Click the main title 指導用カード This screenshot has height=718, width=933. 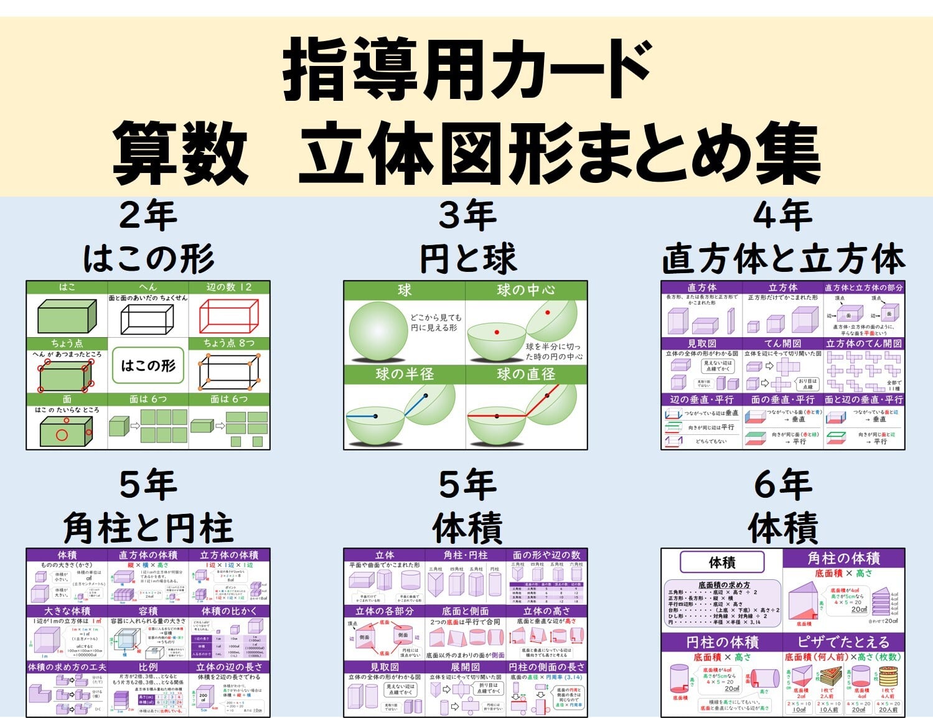(467, 70)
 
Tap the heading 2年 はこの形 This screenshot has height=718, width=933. (148, 238)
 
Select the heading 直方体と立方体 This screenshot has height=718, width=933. (782, 259)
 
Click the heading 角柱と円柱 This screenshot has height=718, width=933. (148, 528)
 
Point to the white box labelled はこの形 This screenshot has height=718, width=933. (148, 365)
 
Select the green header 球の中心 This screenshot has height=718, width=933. (526, 290)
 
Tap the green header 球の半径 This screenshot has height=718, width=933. (405, 374)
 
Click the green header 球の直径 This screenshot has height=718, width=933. (526, 374)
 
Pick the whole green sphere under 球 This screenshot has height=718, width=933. (378, 330)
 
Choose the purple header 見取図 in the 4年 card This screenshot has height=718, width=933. (701, 343)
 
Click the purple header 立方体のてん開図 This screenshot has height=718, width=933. (864, 343)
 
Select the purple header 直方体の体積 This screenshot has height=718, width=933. (148, 555)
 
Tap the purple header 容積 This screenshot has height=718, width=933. (148, 611)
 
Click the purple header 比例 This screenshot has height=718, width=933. (148, 667)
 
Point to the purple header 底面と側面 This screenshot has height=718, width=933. (466, 611)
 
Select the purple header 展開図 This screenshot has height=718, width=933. (466, 667)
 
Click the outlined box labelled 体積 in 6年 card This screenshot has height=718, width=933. (722, 562)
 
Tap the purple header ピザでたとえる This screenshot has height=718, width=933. (843, 641)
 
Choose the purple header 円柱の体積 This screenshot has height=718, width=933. (722, 641)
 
